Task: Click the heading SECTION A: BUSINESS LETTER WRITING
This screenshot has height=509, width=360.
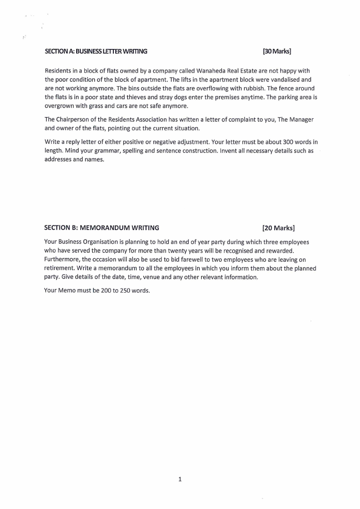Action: [96, 51]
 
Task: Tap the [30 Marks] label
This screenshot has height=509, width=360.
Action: [277, 51]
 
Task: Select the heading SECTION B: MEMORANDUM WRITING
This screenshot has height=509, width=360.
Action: [102, 227]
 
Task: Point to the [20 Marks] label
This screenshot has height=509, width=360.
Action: [278, 227]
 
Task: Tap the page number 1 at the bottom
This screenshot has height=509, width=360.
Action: [180, 479]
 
